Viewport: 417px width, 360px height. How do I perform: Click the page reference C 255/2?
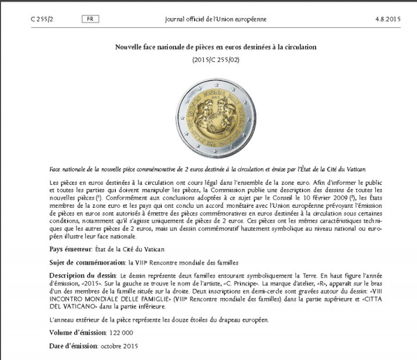[42, 19]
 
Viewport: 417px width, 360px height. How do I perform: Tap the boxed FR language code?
[90, 19]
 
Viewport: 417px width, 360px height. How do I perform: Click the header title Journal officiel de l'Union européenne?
[215, 19]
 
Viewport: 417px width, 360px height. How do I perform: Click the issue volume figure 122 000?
[121, 333]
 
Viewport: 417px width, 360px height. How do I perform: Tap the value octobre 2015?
[120, 347]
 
